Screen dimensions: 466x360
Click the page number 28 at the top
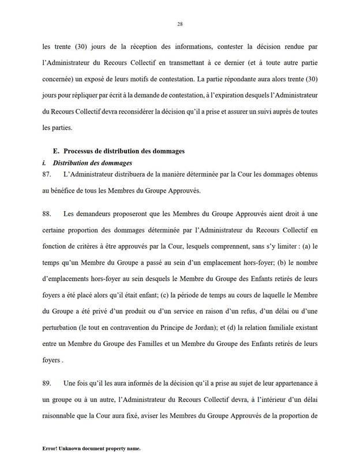(180, 24)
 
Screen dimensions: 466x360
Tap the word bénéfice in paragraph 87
(66, 189)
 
